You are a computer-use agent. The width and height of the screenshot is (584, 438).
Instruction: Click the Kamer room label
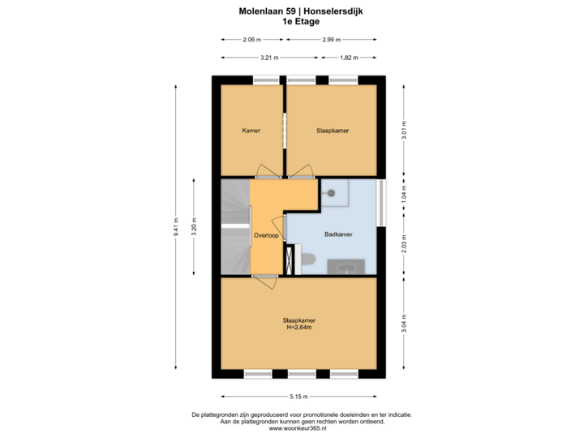coord(251,130)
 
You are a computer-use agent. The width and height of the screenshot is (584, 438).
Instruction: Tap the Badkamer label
coord(338,234)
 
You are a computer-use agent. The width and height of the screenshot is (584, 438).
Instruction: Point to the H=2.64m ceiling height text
coord(299,328)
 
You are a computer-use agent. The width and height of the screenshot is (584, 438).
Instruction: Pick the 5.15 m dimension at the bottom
coord(299,396)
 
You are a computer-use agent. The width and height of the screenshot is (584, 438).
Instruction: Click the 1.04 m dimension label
coord(405,193)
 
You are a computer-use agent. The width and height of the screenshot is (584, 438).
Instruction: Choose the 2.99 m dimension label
coord(331,39)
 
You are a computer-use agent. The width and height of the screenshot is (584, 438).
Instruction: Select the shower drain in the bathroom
coord(331,194)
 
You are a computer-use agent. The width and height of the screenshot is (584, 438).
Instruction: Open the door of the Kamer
coord(265,172)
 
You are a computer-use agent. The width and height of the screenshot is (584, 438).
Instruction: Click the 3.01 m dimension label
coord(405,131)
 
